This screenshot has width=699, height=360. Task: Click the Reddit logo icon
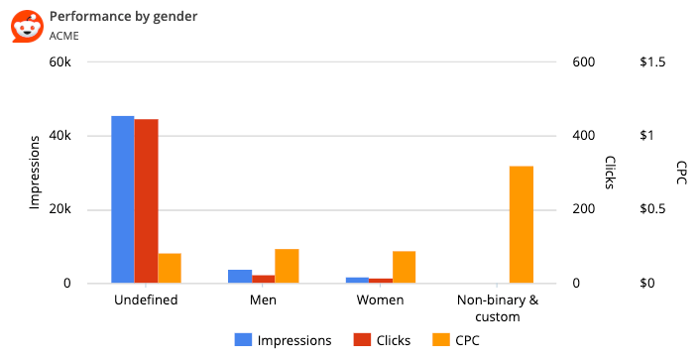coord(27,26)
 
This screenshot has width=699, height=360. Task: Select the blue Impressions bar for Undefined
coord(122,199)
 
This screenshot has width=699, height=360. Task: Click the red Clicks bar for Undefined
coord(147,201)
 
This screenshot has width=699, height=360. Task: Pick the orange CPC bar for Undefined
coord(170,269)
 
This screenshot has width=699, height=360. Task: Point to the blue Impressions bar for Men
coord(240,277)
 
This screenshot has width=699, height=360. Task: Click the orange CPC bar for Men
coord(287,266)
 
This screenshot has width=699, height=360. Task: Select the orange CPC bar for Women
coord(404,267)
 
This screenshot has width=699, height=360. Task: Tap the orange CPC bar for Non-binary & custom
coord(522,225)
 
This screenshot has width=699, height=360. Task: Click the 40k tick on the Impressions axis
coord(59,136)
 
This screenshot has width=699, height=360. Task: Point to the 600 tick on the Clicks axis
coord(583,61)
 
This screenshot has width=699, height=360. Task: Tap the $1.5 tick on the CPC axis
coord(653,61)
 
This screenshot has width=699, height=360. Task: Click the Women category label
coord(381,300)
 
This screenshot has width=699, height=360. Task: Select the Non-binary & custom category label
coord(498,308)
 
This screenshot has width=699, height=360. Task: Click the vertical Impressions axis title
coord(34,173)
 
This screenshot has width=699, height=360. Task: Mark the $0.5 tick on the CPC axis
coord(653,210)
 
